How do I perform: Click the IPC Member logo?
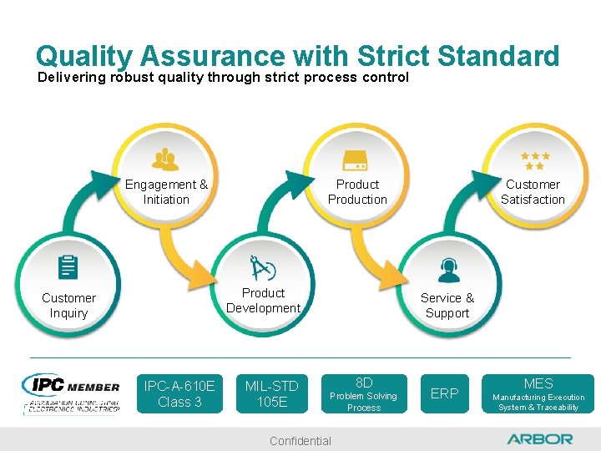[x=72, y=393]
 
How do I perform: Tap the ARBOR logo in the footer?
[x=539, y=438]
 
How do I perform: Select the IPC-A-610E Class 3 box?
[x=179, y=393]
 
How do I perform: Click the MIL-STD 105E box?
[x=271, y=393]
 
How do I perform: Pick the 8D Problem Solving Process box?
[x=364, y=393]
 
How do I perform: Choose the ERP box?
[x=444, y=393]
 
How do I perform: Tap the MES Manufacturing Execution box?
[x=538, y=393]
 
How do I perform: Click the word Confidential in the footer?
[x=300, y=441]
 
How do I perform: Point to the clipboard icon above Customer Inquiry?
[x=68, y=268]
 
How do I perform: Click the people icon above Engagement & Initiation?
[x=165, y=159]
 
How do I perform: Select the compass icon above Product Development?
[x=262, y=269]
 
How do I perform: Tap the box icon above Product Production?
[x=357, y=159]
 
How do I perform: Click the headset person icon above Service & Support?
[x=448, y=270]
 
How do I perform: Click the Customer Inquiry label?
[x=68, y=306]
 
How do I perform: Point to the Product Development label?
[x=263, y=301]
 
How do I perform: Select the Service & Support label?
[x=447, y=306]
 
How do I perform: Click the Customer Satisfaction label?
[x=533, y=192]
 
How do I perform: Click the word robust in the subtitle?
[x=127, y=77]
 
